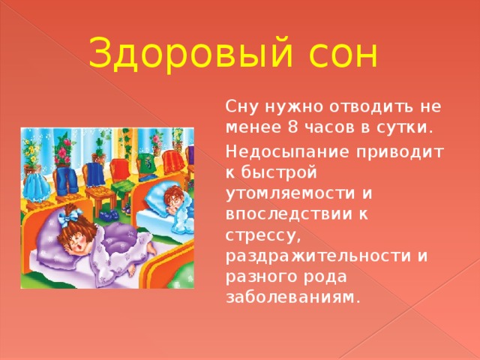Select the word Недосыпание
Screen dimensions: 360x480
click(x=295, y=152)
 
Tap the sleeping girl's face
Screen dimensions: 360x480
click(x=79, y=240)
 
